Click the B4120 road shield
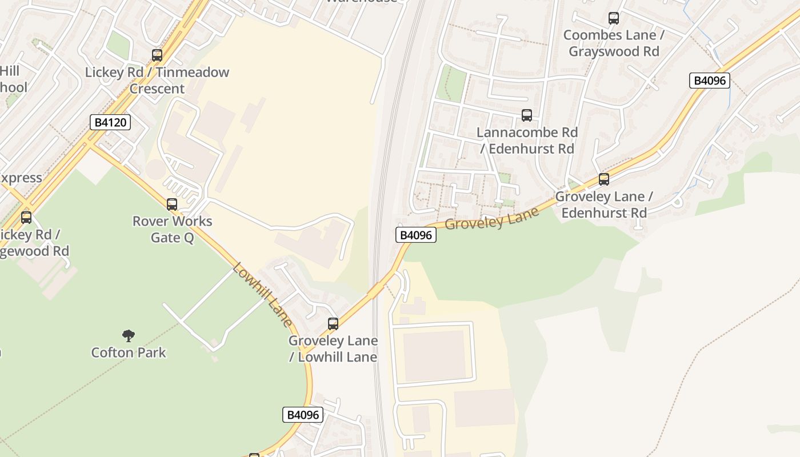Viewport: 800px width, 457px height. point(110,122)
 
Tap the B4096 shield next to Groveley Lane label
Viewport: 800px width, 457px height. point(415,235)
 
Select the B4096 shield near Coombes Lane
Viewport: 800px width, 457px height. point(709,81)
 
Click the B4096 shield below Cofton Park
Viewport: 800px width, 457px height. point(302,415)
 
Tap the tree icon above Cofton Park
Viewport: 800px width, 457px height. point(129,335)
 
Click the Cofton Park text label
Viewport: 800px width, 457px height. point(129,352)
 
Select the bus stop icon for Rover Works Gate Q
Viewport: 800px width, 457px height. point(172,205)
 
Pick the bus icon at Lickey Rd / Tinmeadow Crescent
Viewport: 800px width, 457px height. point(157,55)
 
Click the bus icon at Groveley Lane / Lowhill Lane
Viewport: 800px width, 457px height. point(333,324)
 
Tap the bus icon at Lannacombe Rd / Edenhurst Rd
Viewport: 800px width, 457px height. point(527,115)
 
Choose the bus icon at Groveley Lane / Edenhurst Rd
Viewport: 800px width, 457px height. point(604,179)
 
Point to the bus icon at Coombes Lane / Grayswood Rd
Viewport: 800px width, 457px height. point(614,18)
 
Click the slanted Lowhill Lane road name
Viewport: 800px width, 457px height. point(263,294)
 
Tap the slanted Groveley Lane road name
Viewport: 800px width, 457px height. point(491,218)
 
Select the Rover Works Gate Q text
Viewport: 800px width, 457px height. point(172,229)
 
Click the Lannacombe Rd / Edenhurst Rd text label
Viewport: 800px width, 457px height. point(527,141)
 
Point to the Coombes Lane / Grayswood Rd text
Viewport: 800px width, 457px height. point(614,43)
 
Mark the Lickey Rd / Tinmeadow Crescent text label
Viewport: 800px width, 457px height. point(157,80)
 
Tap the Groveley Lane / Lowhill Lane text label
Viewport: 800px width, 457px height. point(333,348)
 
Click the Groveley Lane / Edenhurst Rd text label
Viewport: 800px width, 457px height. point(604,205)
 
